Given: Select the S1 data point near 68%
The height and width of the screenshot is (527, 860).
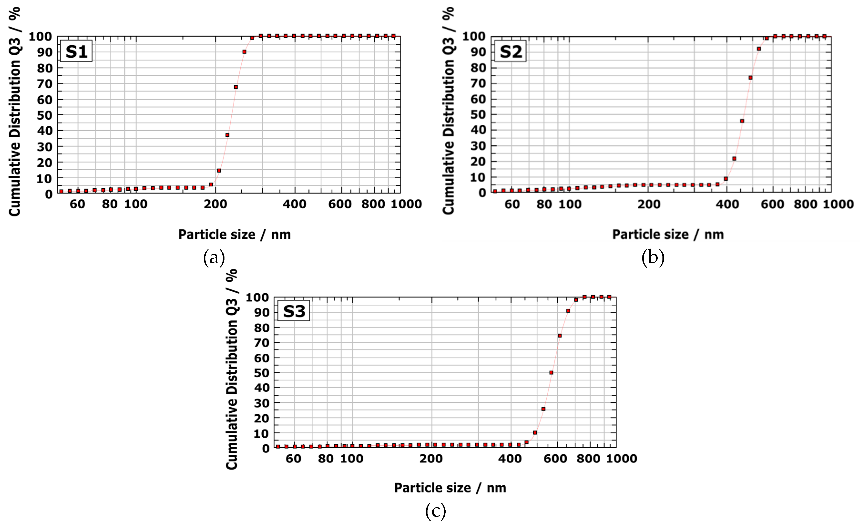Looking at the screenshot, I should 236,87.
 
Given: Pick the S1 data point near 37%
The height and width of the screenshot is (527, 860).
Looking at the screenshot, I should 227,135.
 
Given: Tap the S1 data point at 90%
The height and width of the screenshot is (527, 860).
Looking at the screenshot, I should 244,52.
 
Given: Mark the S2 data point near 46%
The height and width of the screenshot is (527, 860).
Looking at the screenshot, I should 742,121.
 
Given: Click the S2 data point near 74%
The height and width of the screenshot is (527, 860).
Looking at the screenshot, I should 750,77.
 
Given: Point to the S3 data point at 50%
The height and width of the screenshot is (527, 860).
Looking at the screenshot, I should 551,372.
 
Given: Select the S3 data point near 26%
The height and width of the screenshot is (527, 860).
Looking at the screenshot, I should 543,409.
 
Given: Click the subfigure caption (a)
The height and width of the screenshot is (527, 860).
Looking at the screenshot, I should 214,258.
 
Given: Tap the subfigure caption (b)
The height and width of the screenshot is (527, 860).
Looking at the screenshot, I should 653,258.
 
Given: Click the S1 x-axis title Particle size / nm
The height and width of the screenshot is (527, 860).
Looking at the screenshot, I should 234,234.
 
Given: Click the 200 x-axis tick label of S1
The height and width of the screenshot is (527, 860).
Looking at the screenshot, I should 215,204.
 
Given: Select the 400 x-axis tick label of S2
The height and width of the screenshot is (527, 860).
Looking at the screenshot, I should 727,204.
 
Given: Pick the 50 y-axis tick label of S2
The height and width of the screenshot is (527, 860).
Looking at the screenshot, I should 478,114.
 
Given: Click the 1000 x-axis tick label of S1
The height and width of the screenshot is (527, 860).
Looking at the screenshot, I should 406,204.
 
